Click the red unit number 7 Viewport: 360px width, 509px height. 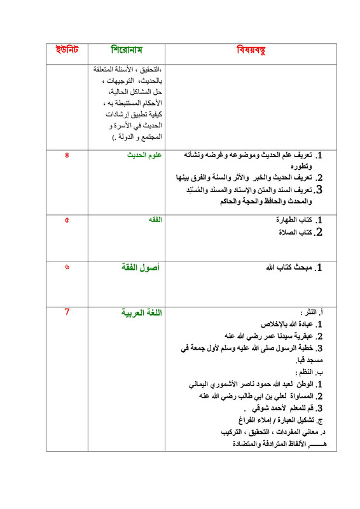click(x=66, y=312)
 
